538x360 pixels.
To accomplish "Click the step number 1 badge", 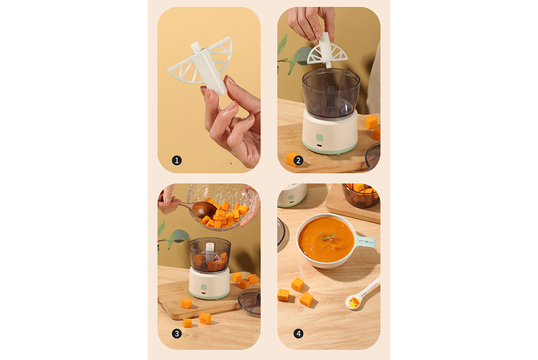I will coord(177,160).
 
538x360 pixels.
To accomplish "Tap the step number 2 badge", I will coord(298,160).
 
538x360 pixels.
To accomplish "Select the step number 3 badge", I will coord(177,334).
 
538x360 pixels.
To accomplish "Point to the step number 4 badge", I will coord(298,334).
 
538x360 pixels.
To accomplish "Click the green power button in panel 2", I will coord(320,137).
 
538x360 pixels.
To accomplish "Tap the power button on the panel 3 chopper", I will coord(204,287).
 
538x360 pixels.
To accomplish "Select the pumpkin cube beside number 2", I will coord(292,159).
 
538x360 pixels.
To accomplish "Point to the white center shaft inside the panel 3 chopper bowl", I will coord(210,250).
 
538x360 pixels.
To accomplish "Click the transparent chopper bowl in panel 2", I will coord(331,93).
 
